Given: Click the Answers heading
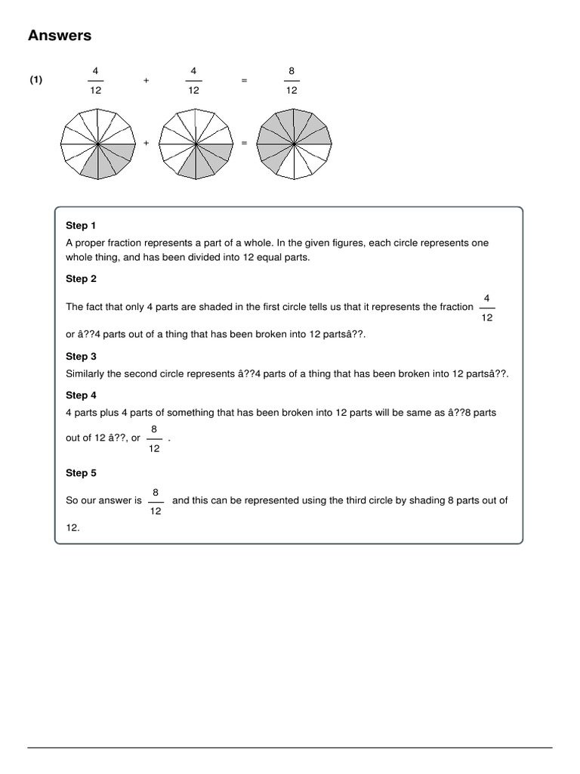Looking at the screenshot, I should click(60, 36).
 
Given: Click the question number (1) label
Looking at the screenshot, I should click(36, 80).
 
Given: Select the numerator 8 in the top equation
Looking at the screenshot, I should click(292, 71).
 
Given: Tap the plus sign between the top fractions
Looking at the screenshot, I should click(145, 80).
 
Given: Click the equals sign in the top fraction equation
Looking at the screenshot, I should click(243, 80).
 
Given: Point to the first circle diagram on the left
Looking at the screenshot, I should click(98, 143).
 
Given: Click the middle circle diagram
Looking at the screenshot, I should click(196, 143).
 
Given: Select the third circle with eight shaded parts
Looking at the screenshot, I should click(294, 143).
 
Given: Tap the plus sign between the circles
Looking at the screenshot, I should click(147, 143).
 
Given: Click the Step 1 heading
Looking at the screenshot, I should click(81, 225).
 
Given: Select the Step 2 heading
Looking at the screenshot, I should click(81, 278).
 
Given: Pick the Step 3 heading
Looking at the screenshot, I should click(81, 356).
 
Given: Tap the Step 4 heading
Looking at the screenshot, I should click(81, 395).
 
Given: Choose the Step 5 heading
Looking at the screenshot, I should click(81, 472).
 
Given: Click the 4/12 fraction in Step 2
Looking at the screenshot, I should click(487, 308).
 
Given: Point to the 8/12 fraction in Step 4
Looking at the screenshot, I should click(154, 438).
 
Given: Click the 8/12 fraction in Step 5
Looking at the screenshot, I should click(155, 501).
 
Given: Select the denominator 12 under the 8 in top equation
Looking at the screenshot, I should click(292, 90).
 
